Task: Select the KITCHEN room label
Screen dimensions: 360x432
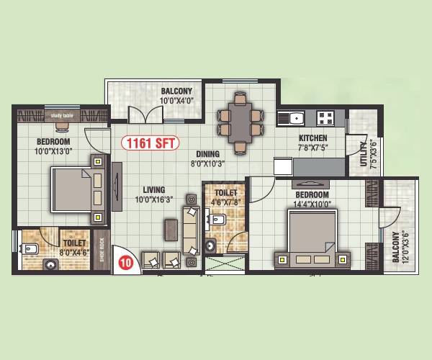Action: click(x=312, y=138)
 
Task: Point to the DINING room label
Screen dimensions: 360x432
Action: click(x=207, y=153)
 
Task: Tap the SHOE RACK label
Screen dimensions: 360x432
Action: click(x=102, y=248)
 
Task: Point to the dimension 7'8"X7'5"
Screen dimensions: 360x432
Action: click(x=312, y=148)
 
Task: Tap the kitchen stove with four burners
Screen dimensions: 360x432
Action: click(x=325, y=117)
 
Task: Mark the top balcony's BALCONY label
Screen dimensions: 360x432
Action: click(x=176, y=91)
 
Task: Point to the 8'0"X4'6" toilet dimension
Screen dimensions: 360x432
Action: click(x=73, y=253)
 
